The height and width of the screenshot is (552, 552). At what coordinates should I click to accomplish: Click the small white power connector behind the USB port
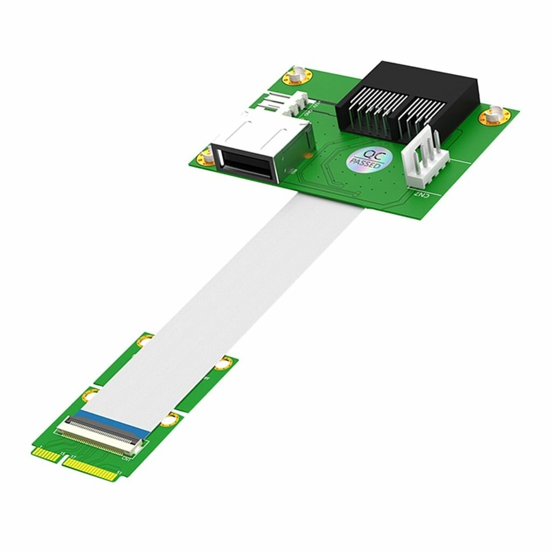click(x=286, y=102)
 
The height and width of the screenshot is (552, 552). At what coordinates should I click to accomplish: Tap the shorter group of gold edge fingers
click(x=45, y=454)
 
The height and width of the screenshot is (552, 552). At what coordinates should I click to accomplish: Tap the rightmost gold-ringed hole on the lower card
click(x=223, y=363)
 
